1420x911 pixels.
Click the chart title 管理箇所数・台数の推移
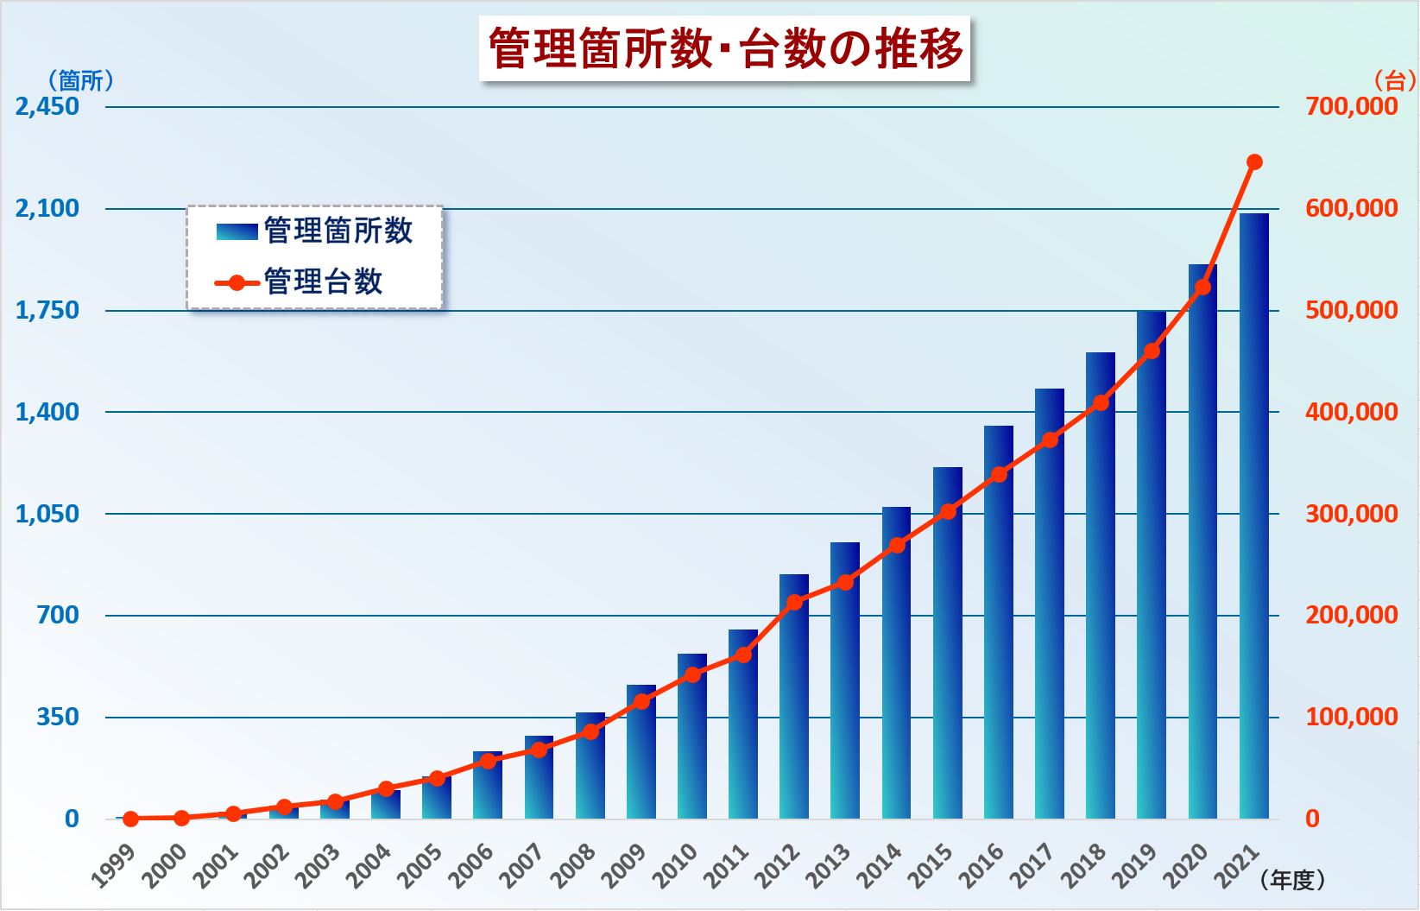(725, 49)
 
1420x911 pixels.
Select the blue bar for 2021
(1254, 516)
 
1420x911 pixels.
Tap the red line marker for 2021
(1254, 162)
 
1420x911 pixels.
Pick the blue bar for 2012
(794, 697)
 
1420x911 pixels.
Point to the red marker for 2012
(795, 602)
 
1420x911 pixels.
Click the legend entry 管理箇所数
(314, 231)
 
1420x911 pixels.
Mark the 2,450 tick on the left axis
(47, 106)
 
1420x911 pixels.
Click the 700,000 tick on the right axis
(1352, 106)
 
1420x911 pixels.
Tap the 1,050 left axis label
(47, 514)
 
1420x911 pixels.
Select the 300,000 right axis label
(1352, 514)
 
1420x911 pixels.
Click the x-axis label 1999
(114, 866)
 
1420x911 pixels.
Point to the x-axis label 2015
(931, 866)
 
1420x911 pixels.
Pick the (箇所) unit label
(80, 81)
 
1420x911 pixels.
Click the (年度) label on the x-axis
(1292, 880)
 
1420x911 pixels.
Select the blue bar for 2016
(999, 623)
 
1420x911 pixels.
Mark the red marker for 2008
(590, 731)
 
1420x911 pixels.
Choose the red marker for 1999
(130, 819)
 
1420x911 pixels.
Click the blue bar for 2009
(641, 752)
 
